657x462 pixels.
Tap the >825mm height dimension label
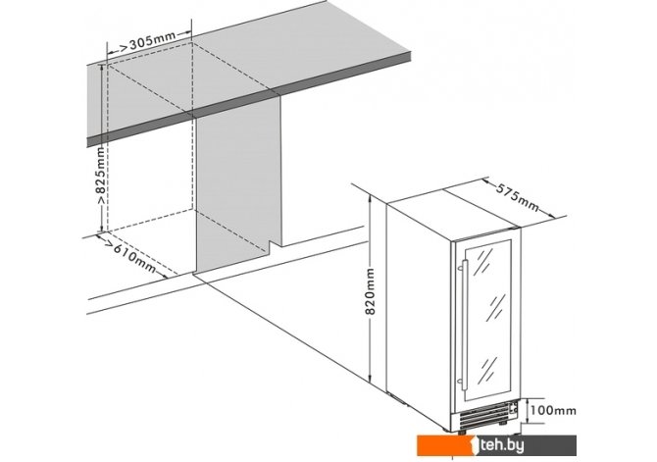pos(101,176)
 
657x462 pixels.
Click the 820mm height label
pos(370,291)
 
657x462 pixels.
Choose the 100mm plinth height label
pos(553,410)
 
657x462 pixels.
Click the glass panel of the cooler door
pos(487,320)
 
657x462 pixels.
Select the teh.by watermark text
pos(502,445)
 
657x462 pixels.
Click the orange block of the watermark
pos(445,445)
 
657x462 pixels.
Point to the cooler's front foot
pos(462,432)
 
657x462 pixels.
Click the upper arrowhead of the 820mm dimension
pos(370,199)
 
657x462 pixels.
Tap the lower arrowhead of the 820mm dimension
pos(370,378)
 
